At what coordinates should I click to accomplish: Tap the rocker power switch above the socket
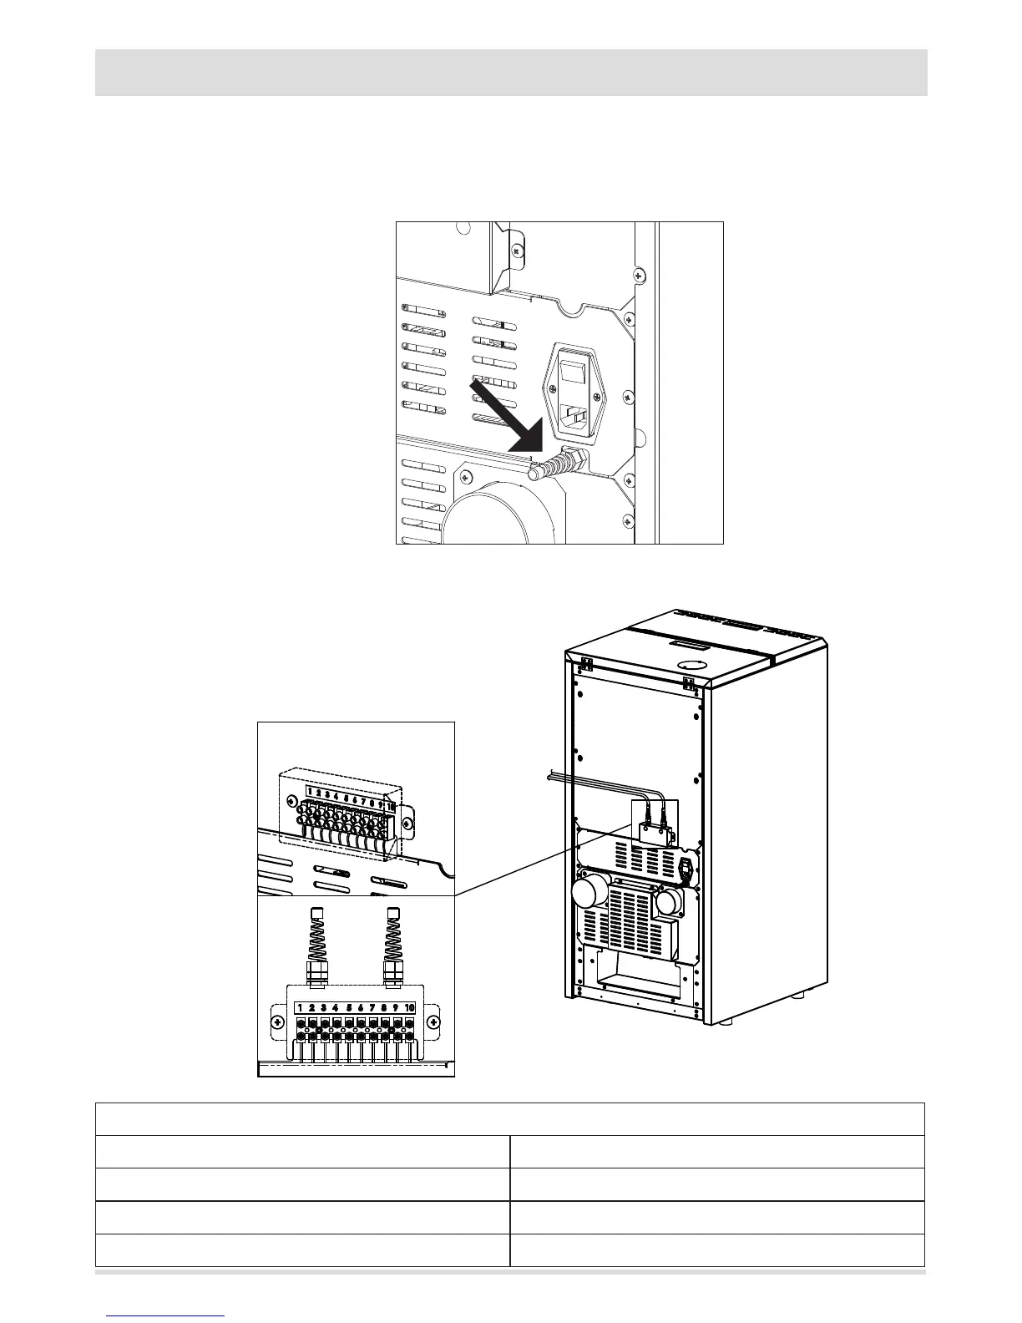[x=574, y=371]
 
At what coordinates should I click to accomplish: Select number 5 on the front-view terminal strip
[x=349, y=1007]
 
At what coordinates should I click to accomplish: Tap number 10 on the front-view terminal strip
[x=409, y=1007]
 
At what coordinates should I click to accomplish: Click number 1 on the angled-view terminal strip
[x=310, y=790]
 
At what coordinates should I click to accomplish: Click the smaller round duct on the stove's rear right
[x=670, y=902]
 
